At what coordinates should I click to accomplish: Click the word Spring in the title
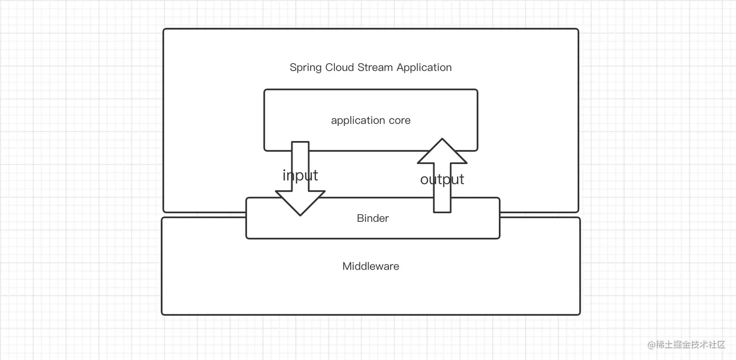click(x=306, y=68)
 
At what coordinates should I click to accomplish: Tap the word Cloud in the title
click(x=340, y=67)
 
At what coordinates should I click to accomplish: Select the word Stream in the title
click(x=375, y=67)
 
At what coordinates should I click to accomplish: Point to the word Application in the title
click(x=424, y=68)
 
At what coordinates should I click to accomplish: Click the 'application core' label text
click(x=370, y=120)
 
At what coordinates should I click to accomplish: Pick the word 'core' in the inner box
click(x=400, y=120)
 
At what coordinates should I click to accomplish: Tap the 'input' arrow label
click(x=300, y=175)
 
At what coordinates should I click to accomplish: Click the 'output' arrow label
click(x=442, y=180)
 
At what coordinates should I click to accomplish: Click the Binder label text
click(x=372, y=218)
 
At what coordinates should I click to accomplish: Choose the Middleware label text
click(x=370, y=266)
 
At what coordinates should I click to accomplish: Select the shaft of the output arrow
click(x=442, y=199)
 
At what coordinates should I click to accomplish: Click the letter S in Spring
click(x=293, y=67)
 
